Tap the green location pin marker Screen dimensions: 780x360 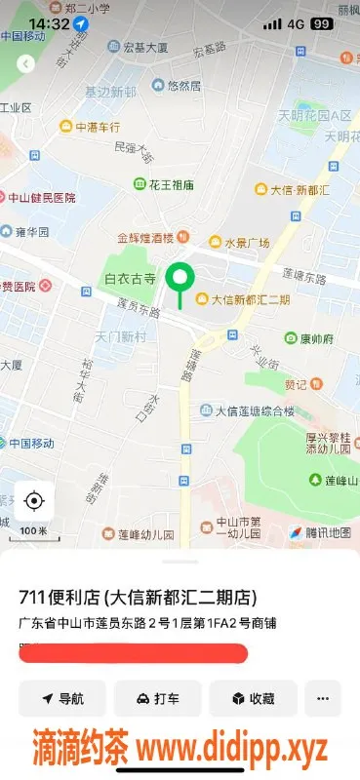click(x=180, y=280)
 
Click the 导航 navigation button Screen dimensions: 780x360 click(x=62, y=699)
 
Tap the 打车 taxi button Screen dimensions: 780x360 click(x=157, y=699)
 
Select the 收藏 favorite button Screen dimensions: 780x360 click(x=252, y=699)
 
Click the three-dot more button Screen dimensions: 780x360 click(x=322, y=699)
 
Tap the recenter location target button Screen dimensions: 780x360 click(x=34, y=501)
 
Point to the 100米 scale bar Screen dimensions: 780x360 click(x=34, y=530)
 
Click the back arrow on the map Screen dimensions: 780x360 click(x=26, y=63)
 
